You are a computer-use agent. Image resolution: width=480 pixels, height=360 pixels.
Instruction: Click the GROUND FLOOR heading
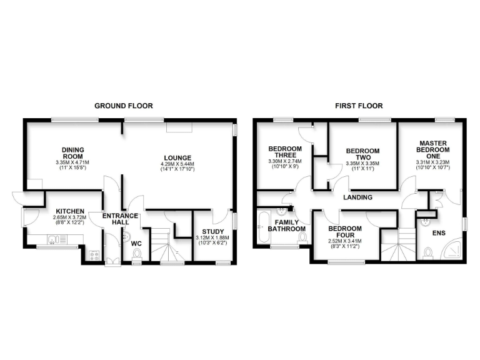coord(123,106)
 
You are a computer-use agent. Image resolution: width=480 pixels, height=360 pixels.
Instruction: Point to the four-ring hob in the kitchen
coord(95,254)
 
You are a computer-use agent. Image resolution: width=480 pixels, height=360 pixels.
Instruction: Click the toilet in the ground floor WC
coord(137,253)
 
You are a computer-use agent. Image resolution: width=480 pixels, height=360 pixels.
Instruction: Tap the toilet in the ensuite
coord(428,253)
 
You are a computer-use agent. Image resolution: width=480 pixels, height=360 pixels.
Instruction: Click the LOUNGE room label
coord(178,157)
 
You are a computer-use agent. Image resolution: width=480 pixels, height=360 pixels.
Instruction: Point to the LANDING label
coord(357,197)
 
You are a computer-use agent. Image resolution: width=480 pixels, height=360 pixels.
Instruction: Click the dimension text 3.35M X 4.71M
coord(73,163)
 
